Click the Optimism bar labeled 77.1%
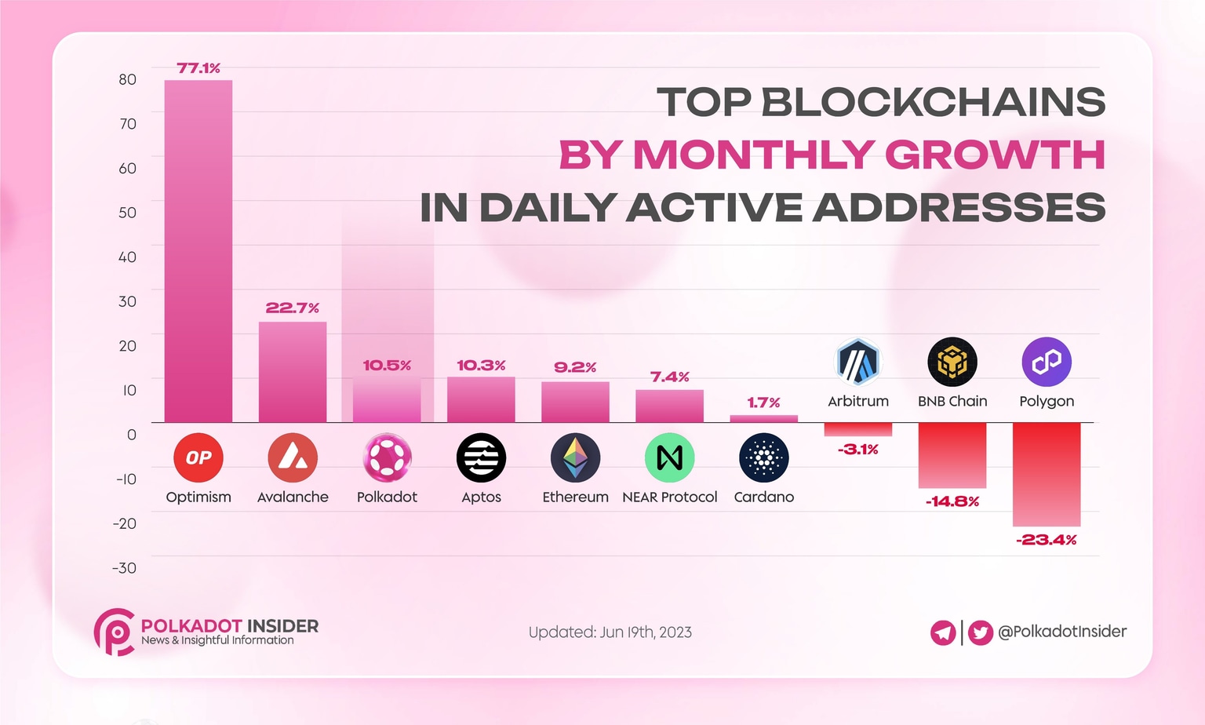pyautogui.click(x=198, y=251)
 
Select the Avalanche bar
pyautogui.click(x=293, y=372)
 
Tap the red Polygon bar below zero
pyautogui.click(x=1047, y=474)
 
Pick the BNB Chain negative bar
pyautogui.click(x=952, y=455)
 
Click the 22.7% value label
pyautogui.click(x=292, y=308)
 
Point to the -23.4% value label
pyautogui.click(x=1047, y=540)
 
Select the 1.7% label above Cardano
pyautogui.click(x=763, y=403)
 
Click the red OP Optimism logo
pyautogui.click(x=198, y=457)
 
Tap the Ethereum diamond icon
pyautogui.click(x=575, y=457)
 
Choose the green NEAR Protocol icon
pyautogui.click(x=669, y=457)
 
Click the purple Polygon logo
pyautogui.click(x=1047, y=362)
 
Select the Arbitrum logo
pyautogui.click(x=858, y=362)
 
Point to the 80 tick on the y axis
pyautogui.click(x=127, y=79)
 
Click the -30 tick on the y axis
pyautogui.click(x=124, y=568)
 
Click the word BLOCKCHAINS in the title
pyautogui.click(x=933, y=102)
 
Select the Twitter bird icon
pyautogui.click(x=980, y=632)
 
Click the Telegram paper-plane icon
pyautogui.click(x=943, y=632)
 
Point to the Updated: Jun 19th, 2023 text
pyautogui.click(x=610, y=632)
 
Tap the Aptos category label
pyautogui.click(x=481, y=497)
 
